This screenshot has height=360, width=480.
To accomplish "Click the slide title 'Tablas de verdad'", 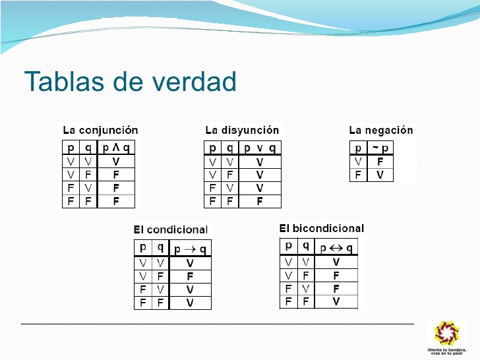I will pyautogui.click(x=130, y=82).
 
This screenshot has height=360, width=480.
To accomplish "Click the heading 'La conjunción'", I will pyautogui.click(x=100, y=130).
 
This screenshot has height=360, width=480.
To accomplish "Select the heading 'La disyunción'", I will pyautogui.click(x=242, y=130).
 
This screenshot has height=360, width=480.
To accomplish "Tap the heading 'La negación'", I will pyautogui.click(x=380, y=130).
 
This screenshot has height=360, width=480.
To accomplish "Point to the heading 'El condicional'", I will pyautogui.click(x=170, y=229).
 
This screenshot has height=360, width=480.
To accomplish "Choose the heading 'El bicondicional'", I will pyautogui.click(x=321, y=228).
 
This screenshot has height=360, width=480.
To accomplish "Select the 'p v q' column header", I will pyautogui.click(x=260, y=148).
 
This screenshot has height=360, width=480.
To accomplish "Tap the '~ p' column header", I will pyautogui.click(x=380, y=148).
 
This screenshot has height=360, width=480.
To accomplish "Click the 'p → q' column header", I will pyautogui.click(x=190, y=249).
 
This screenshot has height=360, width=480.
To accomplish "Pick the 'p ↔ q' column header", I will pyautogui.click(x=336, y=248).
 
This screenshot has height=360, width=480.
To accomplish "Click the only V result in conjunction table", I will pyautogui.click(x=116, y=162).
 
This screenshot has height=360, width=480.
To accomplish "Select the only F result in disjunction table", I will pyautogui.click(x=260, y=202).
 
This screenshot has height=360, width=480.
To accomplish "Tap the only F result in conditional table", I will pyautogui.click(x=190, y=276).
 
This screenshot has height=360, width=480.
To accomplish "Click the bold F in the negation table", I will pyautogui.click(x=380, y=162).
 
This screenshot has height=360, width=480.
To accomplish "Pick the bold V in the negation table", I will pyautogui.click(x=380, y=175).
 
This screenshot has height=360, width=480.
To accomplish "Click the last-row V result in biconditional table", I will pyautogui.click(x=336, y=301).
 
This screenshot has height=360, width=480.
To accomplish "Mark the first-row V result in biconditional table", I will pyautogui.click(x=336, y=262).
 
